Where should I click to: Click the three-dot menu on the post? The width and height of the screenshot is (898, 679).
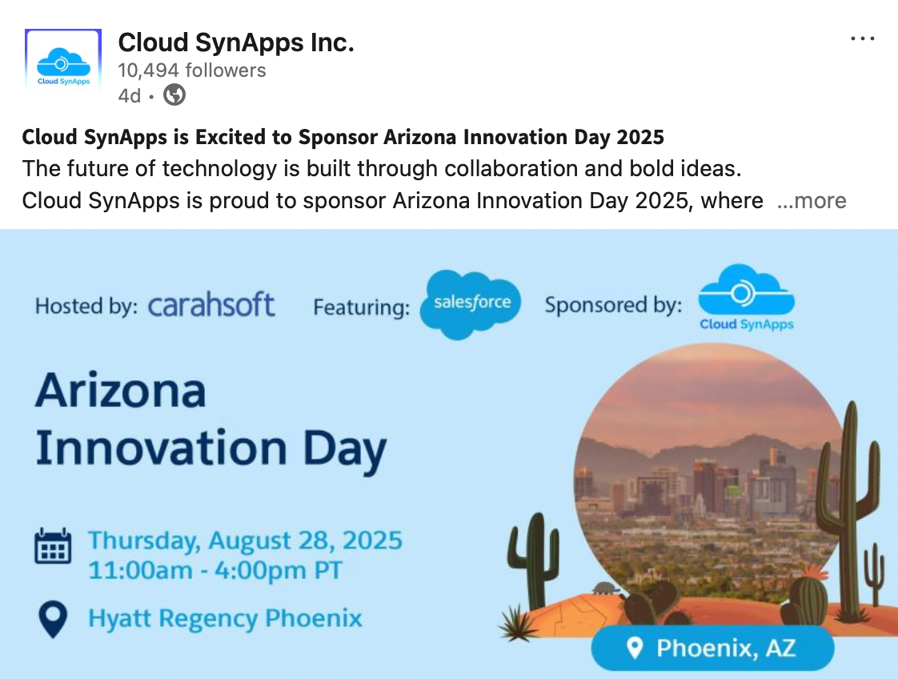[x=863, y=38]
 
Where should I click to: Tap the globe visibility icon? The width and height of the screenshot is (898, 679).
[x=174, y=94]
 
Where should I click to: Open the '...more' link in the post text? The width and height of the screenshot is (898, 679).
[x=811, y=200]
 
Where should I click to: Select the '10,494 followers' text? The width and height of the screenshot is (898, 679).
[x=192, y=70]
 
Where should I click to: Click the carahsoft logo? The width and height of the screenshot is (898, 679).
[x=211, y=304]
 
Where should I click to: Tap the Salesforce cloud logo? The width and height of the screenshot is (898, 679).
[x=471, y=303]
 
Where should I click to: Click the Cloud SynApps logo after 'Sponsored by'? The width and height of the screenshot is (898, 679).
[x=746, y=297]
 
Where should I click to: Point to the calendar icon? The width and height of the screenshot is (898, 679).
[x=54, y=546]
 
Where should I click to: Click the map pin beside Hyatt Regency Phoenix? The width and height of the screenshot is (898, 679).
[x=54, y=619]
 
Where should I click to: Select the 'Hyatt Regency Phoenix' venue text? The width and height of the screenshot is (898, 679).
[x=225, y=618]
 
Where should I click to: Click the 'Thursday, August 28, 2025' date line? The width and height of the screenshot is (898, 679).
[x=245, y=540]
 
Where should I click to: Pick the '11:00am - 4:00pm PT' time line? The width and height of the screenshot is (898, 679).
[x=215, y=570]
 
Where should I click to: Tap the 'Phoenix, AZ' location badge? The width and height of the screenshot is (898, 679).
[x=712, y=648]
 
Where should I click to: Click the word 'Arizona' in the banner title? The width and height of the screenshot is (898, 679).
[x=121, y=390]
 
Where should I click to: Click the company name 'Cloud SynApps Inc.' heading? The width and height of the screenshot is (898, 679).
[x=236, y=42]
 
